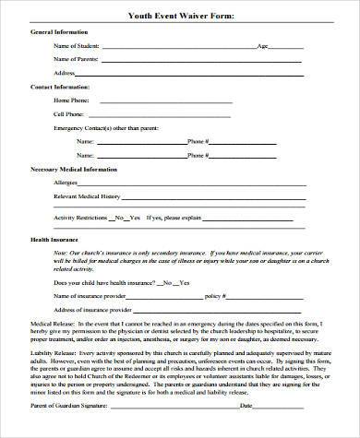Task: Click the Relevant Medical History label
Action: [88, 197]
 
